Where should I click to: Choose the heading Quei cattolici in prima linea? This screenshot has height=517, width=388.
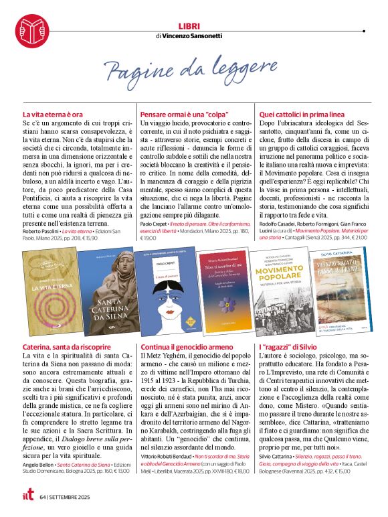(x=297, y=115)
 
